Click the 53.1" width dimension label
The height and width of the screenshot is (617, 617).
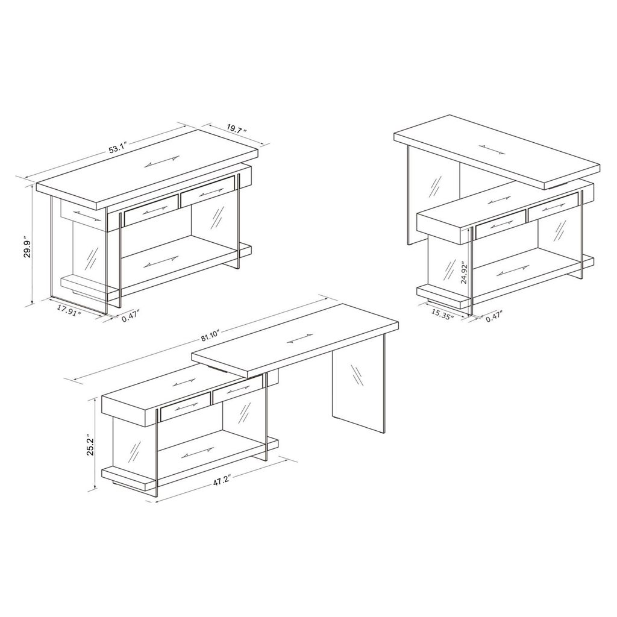117,149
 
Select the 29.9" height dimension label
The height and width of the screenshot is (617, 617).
27,247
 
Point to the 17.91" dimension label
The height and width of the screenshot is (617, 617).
69,309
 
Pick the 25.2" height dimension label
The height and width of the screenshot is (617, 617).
90,445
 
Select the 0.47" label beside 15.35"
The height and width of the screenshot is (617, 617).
495,317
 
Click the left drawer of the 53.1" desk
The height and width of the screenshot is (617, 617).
151,210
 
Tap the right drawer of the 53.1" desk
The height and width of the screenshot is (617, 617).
207,192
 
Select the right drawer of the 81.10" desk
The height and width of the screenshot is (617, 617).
237,389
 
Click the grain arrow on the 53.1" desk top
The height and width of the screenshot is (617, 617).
161,162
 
